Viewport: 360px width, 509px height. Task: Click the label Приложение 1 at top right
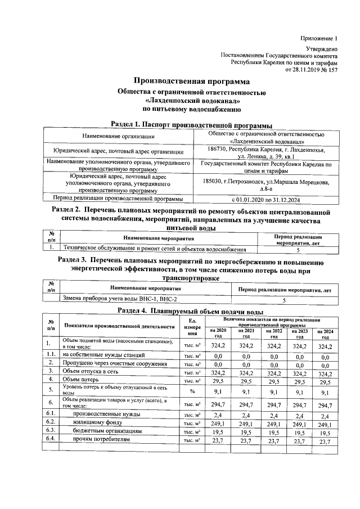(318, 38)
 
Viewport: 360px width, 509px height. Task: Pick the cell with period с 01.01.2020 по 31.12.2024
(265, 199)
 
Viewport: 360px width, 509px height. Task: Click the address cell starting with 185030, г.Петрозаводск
(265, 185)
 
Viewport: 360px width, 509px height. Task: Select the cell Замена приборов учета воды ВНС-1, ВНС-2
(120, 299)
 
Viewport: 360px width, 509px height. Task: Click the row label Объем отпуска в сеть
(90, 371)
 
